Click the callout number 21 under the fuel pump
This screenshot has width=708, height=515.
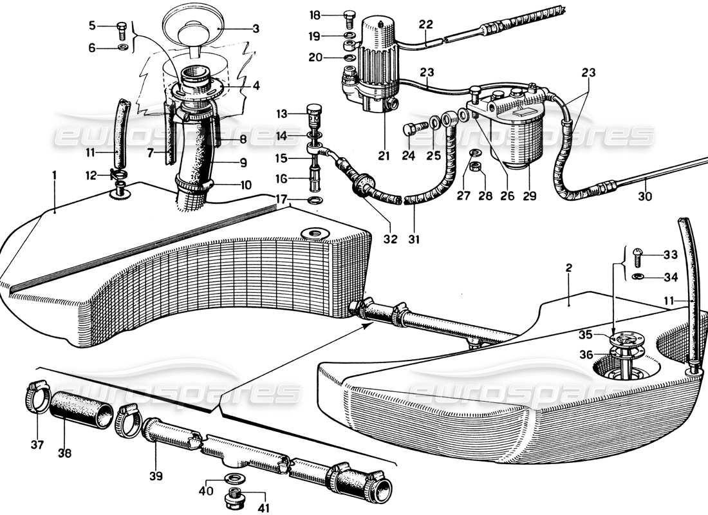[x=384, y=156]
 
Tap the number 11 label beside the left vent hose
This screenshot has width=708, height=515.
[x=89, y=153]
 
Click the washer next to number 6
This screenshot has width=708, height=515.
[x=122, y=48]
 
